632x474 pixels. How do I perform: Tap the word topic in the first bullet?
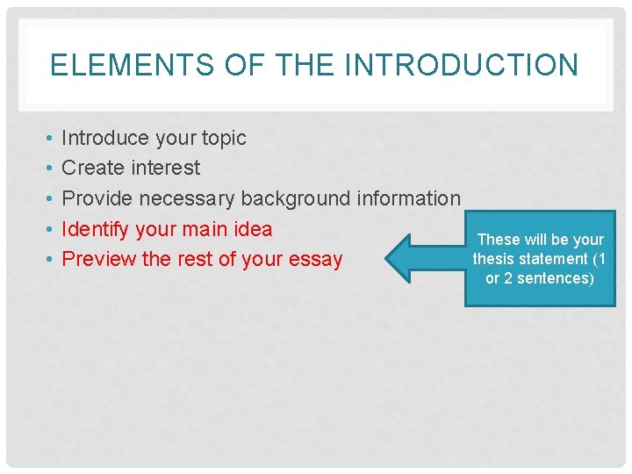(225, 138)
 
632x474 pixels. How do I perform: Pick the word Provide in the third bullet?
(97, 198)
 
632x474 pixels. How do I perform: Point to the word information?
(408, 198)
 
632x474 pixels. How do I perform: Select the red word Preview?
(98, 260)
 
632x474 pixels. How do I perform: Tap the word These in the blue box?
(498, 240)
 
